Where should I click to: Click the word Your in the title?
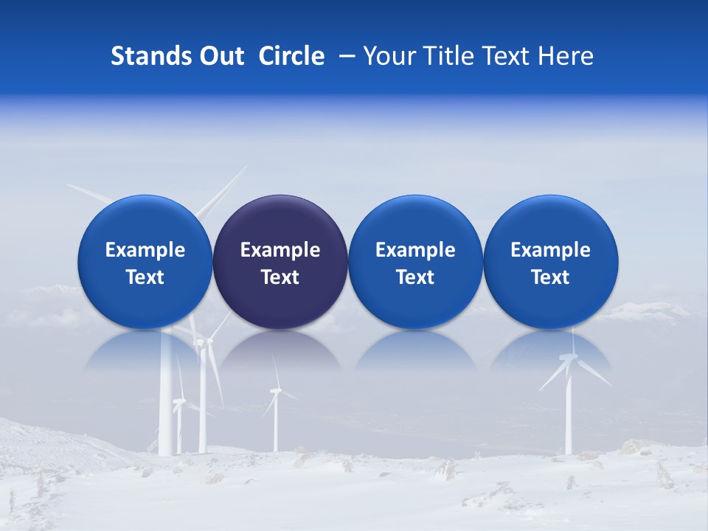(x=386, y=56)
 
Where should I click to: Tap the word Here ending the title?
(x=565, y=56)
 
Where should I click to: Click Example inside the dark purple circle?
(x=280, y=250)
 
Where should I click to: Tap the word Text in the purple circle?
(x=280, y=277)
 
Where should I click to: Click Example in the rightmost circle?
(x=550, y=250)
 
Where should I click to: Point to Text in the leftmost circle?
(x=145, y=277)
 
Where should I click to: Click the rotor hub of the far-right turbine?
(x=568, y=358)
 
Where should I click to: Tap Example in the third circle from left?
(x=415, y=250)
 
